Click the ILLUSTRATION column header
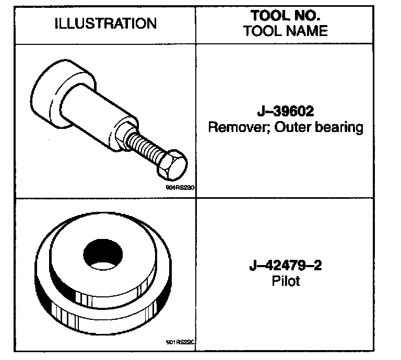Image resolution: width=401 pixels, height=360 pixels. click(105, 23)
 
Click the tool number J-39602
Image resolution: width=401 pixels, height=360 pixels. click(285, 112)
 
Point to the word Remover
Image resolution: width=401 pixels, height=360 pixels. click(232, 127)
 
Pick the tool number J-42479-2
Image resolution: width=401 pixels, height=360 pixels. click(285, 266)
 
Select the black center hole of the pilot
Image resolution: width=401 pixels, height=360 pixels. click(103, 255)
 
